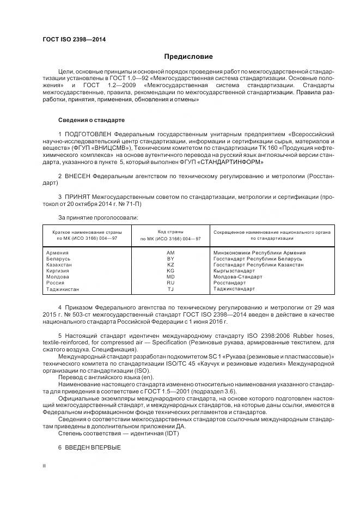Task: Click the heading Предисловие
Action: coord(188,57)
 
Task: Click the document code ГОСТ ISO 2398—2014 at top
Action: coord(74,40)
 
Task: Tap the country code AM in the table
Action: coord(170,253)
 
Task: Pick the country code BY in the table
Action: coord(170,259)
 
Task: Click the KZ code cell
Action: coord(170,265)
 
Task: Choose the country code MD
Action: coord(170,277)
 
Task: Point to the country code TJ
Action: coord(170,289)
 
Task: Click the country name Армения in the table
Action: coord(58,253)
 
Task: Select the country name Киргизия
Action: coord(59,271)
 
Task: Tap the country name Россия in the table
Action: coord(56,283)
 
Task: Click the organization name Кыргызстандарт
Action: coord(234,271)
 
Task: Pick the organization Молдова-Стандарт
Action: coord(237,277)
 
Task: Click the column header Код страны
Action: coord(170,232)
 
